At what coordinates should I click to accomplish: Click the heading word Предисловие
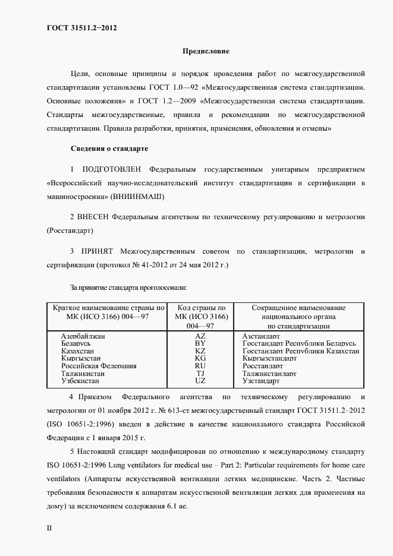(x=206, y=52)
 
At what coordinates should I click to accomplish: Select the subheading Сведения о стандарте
(x=109, y=147)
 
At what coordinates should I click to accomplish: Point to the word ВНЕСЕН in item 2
(x=92, y=217)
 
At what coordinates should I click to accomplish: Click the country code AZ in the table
(x=200, y=336)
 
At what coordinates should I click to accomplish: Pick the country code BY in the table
(x=200, y=343)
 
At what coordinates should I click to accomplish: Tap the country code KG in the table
(x=200, y=358)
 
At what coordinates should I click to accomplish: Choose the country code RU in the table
(x=200, y=366)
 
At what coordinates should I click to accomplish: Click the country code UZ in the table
(x=200, y=380)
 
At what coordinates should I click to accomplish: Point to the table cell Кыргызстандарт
(x=269, y=358)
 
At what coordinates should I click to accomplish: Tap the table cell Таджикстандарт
(x=269, y=373)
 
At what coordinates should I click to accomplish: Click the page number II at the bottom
(x=49, y=527)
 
